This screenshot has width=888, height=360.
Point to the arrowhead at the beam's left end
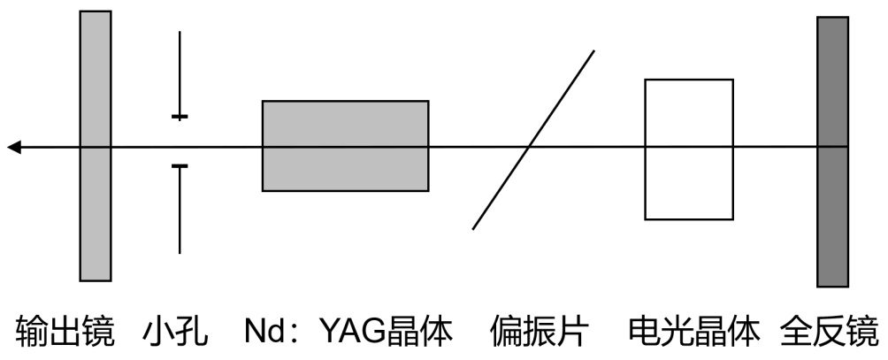click(13, 147)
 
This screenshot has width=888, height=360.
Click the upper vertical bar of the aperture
click(180, 74)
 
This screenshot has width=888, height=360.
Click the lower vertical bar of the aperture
click(180, 209)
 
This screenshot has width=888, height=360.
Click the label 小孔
click(175, 333)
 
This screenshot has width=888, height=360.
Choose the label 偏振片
click(540, 333)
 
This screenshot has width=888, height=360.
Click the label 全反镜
click(829, 333)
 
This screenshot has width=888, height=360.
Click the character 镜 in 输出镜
click(98, 333)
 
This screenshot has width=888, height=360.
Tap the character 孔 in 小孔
click(192, 333)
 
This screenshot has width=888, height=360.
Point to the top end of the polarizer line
click(593, 51)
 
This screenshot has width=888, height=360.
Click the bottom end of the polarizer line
click(474, 228)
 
